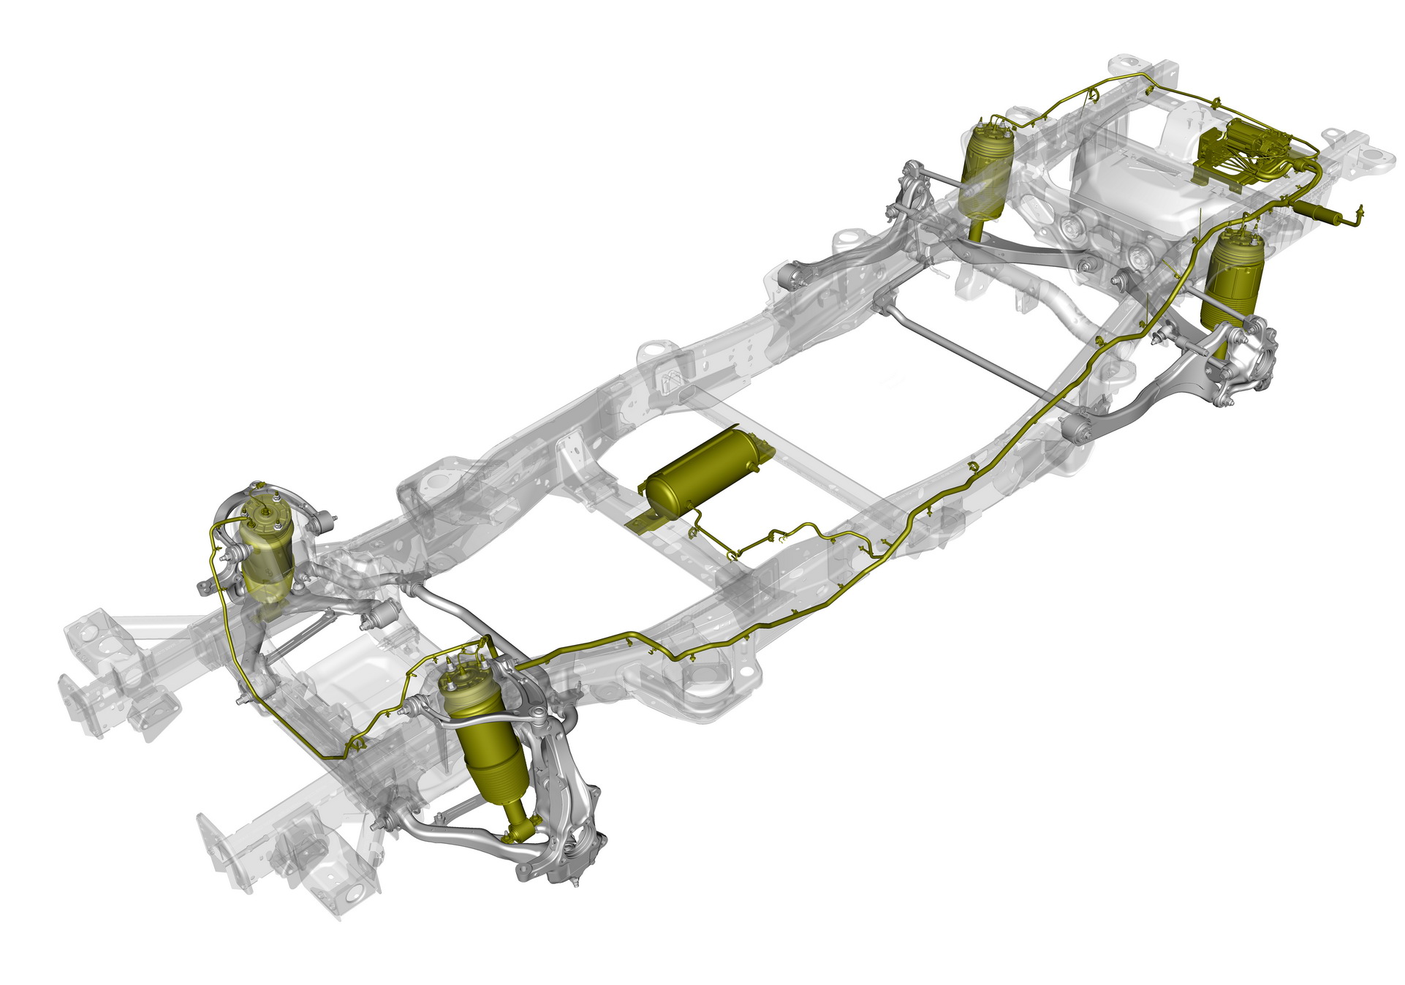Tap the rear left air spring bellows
click(x=986, y=176)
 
